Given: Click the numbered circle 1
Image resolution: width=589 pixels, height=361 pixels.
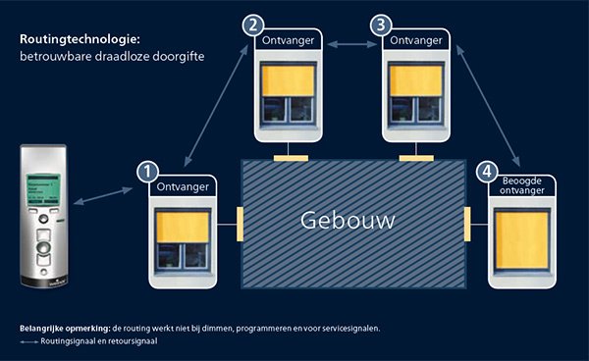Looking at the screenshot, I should [x=148, y=173].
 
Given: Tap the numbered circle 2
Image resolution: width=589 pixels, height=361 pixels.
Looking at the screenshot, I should [x=255, y=25].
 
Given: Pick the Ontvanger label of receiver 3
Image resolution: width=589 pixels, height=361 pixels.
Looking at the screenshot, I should [x=415, y=42].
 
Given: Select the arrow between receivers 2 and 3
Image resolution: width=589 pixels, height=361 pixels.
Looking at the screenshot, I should [x=351, y=42].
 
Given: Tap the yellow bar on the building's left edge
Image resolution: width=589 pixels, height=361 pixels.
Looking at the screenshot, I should [x=238, y=223].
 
